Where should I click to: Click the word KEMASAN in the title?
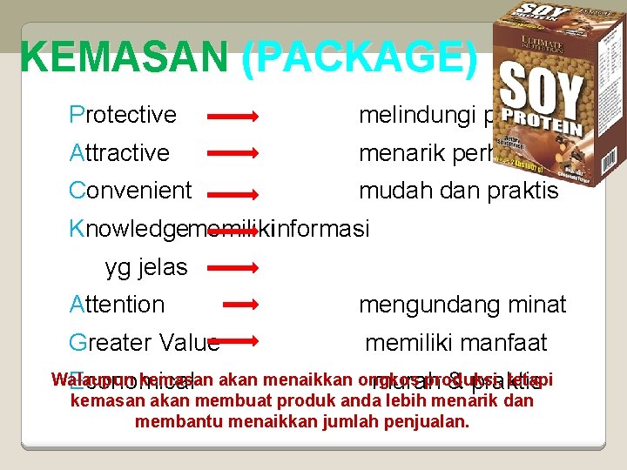[x=124, y=58]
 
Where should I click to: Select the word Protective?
[x=123, y=115]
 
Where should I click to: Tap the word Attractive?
[x=119, y=153]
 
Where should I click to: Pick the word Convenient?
[x=131, y=191]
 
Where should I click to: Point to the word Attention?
[x=117, y=305]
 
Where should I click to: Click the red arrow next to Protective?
[x=232, y=115]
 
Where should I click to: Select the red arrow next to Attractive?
[x=232, y=153]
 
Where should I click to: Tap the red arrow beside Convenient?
[x=232, y=191]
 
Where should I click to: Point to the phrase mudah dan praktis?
[x=459, y=191]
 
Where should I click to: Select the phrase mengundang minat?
[x=462, y=305]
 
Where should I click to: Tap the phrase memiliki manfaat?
[x=456, y=342]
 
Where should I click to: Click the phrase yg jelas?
[x=146, y=267]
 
